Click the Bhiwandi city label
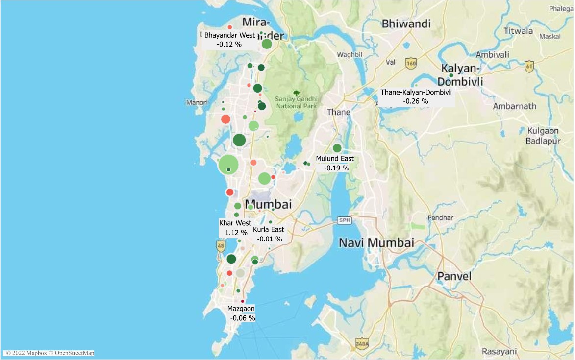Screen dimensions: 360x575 pos(406,24)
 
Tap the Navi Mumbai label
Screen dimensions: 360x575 pos(376,242)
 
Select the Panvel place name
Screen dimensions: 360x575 pos(454,276)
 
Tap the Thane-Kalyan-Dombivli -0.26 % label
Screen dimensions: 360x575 pos(416,96)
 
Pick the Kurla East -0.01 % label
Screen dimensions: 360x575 pos(268,234)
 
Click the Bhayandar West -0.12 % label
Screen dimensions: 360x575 pos(229,40)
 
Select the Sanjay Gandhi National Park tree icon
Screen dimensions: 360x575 pos(296,93)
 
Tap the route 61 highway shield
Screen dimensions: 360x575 pos(529,67)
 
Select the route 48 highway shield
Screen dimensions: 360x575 pos(221,246)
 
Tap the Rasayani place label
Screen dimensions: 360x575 pos(499,351)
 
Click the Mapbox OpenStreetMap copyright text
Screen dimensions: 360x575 pos(49,353)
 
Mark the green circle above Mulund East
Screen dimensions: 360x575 pos(337,148)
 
